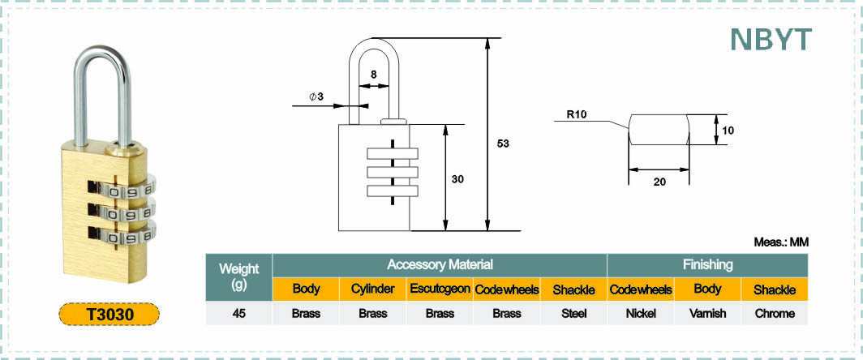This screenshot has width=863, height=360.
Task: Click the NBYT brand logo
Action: click(771, 39)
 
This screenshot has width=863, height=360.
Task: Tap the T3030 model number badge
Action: click(109, 315)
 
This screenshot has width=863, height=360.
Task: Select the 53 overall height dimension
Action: click(503, 144)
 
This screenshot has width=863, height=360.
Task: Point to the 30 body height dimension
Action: click(458, 179)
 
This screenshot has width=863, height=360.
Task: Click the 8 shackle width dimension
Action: click(374, 74)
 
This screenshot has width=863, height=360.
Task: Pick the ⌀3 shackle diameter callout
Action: click(316, 96)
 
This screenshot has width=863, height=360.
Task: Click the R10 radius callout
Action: click(577, 115)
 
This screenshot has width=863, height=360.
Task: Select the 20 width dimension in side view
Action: click(659, 182)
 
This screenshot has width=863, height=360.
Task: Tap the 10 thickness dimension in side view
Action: click(728, 131)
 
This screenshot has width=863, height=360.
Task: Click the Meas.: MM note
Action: click(781, 242)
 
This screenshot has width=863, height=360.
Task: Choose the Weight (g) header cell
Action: click(238, 276)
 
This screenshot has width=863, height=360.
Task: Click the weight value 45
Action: click(238, 313)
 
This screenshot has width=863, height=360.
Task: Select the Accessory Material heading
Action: click(440, 265)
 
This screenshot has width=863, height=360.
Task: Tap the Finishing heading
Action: click(708, 265)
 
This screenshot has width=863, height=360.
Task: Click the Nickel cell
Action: click(641, 313)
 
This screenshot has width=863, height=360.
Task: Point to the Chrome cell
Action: click(775, 313)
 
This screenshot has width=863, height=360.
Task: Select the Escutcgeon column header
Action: click(440, 289)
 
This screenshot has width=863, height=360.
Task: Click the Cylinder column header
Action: click(373, 289)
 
